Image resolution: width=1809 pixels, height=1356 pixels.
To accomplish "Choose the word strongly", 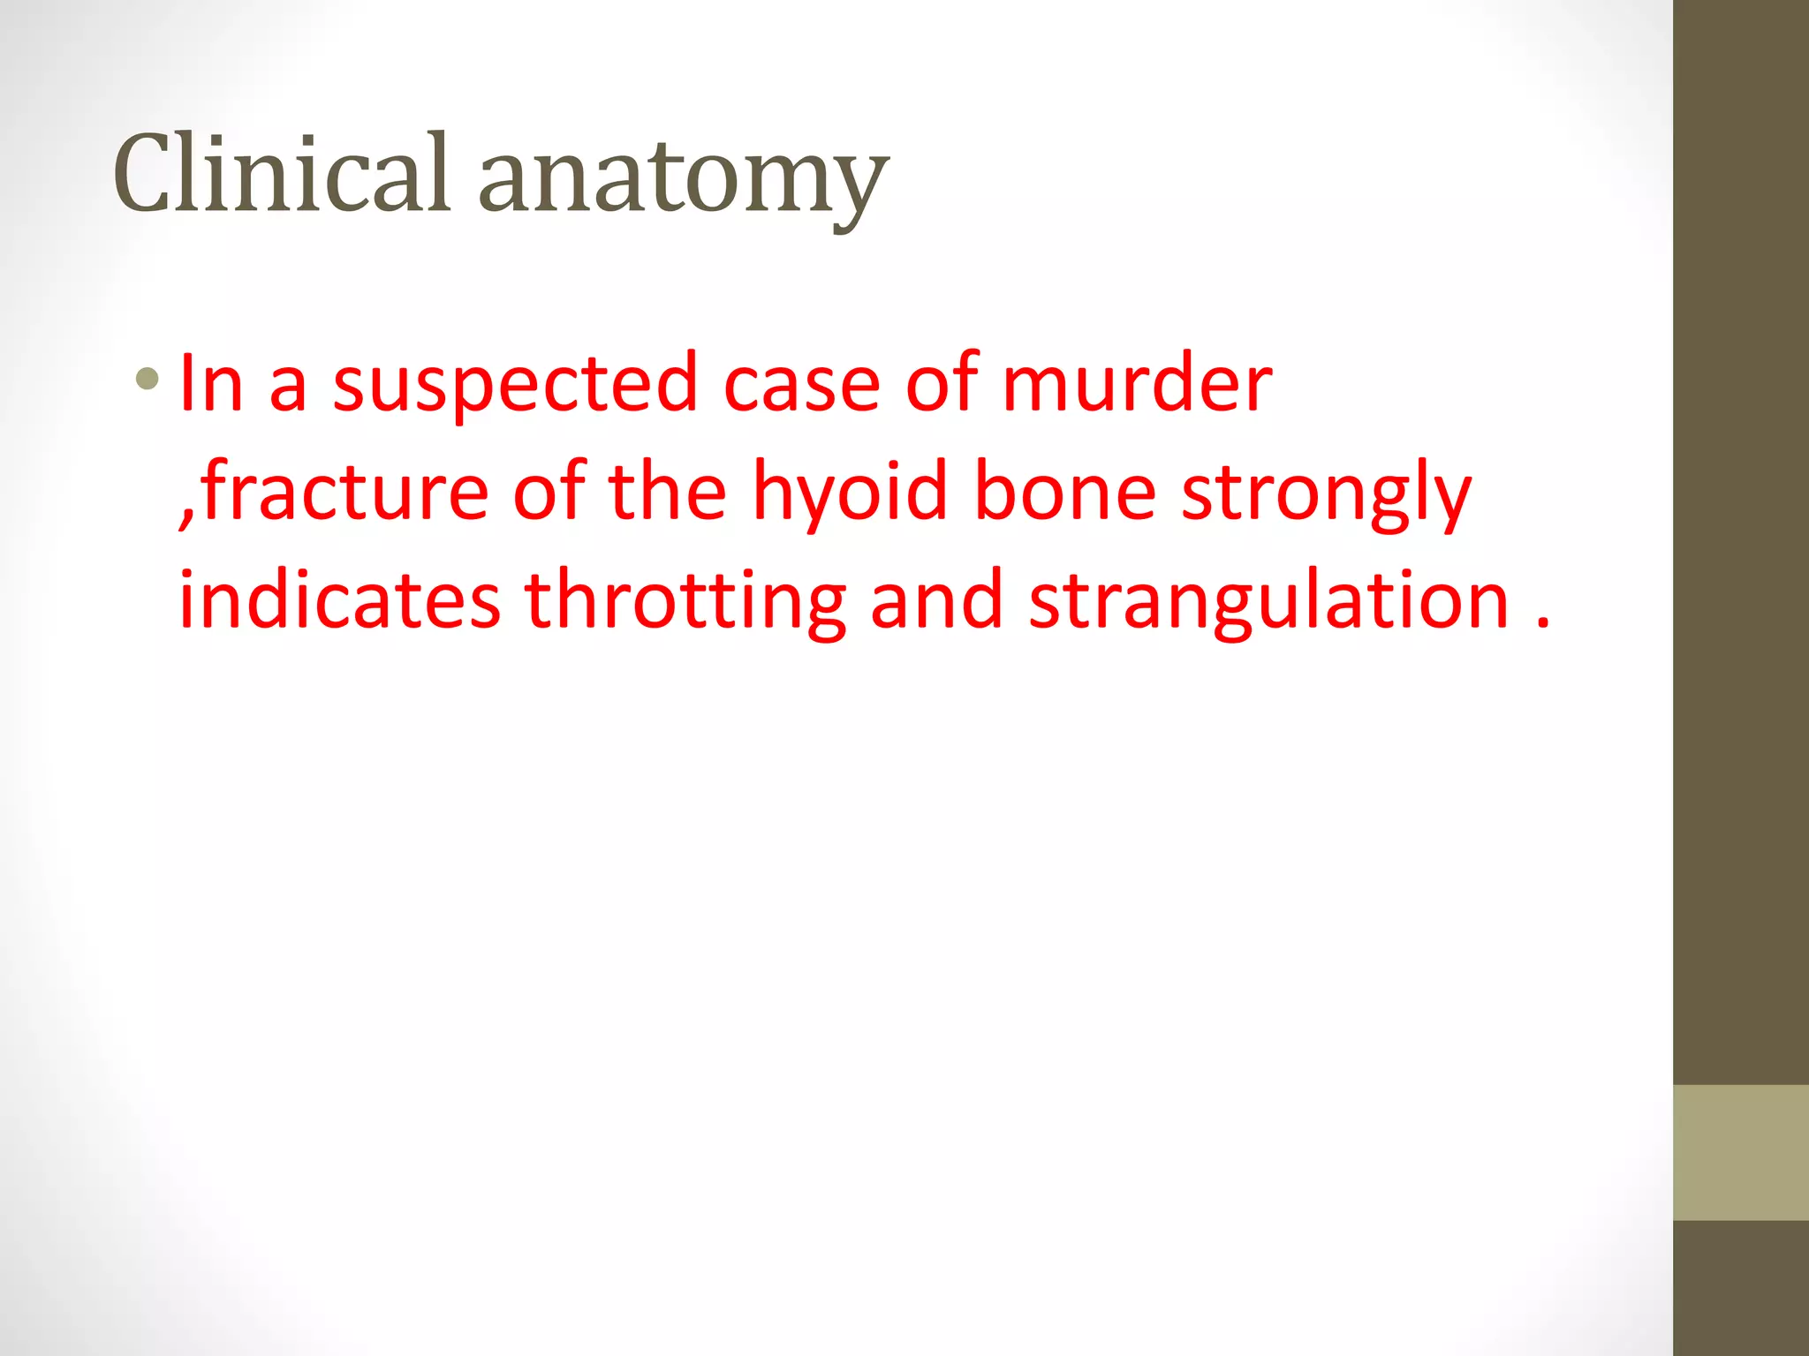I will click(x=1326, y=494).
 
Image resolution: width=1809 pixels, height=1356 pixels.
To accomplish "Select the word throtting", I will click(x=685, y=603).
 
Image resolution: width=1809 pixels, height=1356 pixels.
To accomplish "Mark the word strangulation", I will click(x=1269, y=603).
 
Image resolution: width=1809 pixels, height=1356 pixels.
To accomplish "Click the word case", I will click(x=801, y=385).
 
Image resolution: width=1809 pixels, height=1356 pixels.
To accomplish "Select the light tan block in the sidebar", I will click(x=1740, y=1152).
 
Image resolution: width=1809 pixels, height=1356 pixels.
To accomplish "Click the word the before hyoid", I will click(x=668, y=492).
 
